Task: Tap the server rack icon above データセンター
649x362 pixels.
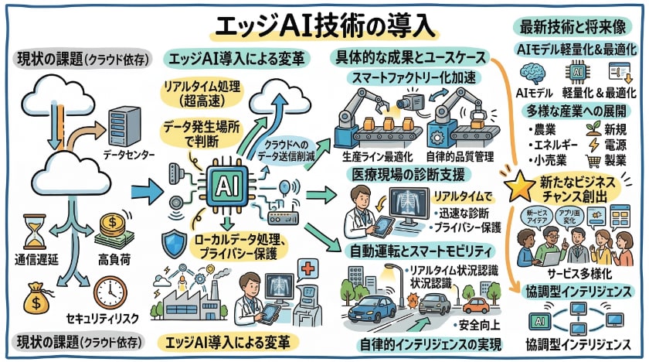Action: click(124, 125)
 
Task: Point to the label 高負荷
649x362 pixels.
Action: click(114, 257)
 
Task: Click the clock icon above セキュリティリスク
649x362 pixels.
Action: click(109, 292)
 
